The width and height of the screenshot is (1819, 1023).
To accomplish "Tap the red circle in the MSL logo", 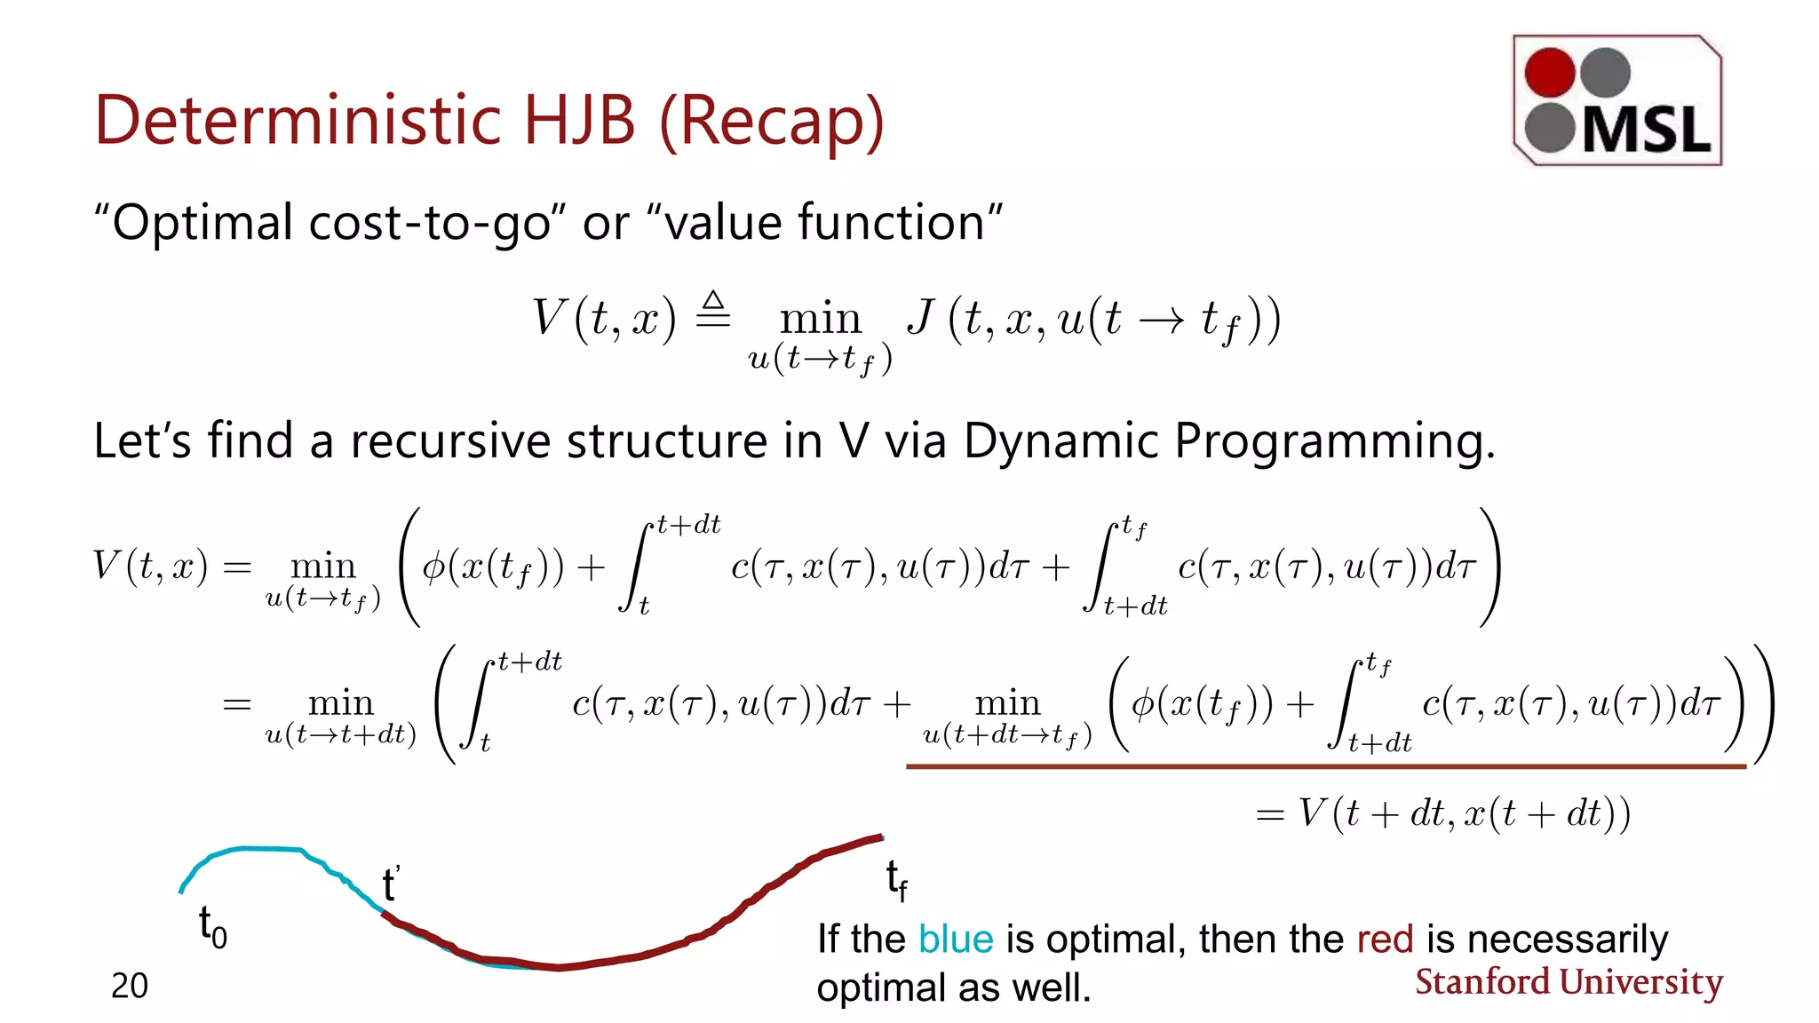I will [x=1549, y=73].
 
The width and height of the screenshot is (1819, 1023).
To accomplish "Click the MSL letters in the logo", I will [x=1647, y=130].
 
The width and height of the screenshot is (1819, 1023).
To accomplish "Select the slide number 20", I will [x=130, y=986].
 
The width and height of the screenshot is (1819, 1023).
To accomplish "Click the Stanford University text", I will [x=1569, y=982].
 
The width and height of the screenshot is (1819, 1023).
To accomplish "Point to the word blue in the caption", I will [x=955, y=940].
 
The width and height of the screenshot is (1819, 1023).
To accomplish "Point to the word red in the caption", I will [x=1385, y=940].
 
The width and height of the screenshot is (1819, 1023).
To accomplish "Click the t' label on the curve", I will [x=391, y=884].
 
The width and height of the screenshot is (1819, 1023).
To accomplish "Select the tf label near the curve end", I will [x=896, y=880].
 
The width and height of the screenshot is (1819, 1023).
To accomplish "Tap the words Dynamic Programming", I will [x=1227, y=440].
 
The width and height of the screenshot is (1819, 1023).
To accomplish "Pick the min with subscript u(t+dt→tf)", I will [x=1007, y=703].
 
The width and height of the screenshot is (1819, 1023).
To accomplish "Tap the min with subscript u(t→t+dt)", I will [x=341, y=703].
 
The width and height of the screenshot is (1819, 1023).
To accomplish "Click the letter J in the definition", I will [x=921, y=318].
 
